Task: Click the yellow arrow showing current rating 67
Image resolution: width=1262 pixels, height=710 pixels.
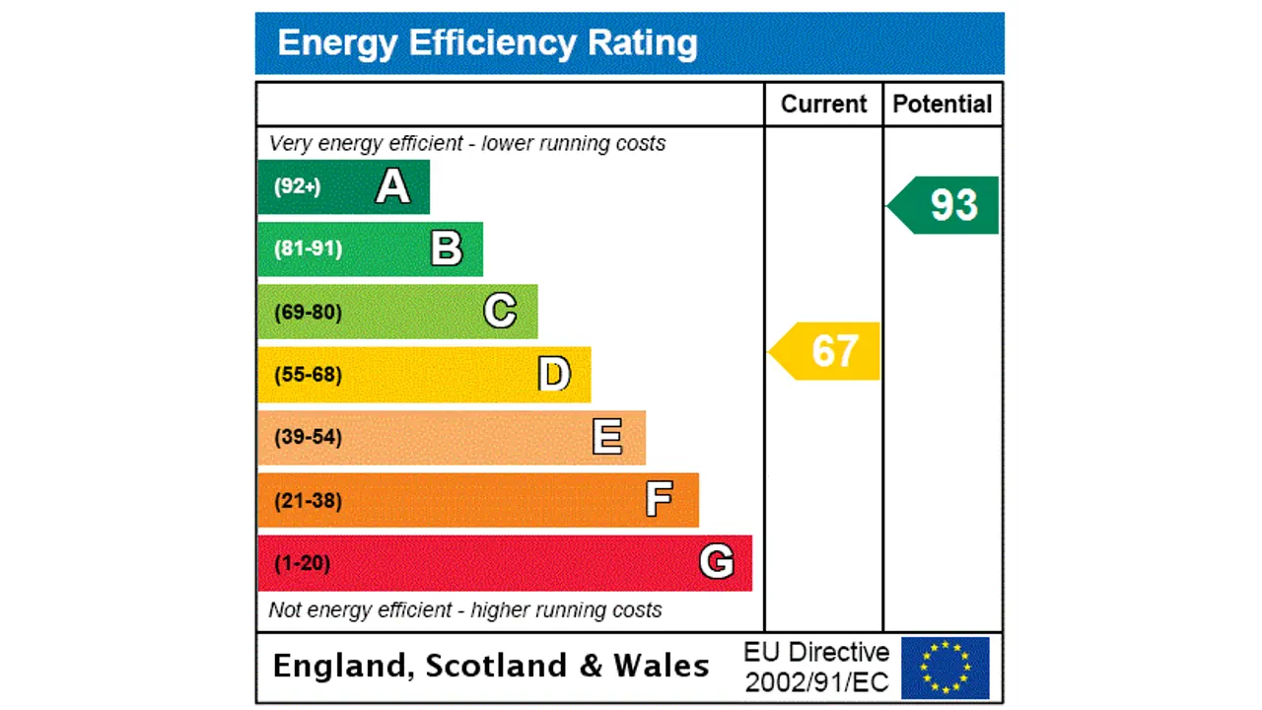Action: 825,351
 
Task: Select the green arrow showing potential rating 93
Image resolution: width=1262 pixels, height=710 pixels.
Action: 945,205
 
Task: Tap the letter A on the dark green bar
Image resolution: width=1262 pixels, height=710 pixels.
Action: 392,186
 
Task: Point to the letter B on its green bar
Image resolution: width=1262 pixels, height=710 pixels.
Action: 447,248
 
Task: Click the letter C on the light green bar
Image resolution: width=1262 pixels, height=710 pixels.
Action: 500,312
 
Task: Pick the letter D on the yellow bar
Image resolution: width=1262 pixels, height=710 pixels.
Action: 554,375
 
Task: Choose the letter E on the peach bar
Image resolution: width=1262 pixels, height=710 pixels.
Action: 607,437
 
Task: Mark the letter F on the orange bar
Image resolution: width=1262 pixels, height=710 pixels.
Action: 660,500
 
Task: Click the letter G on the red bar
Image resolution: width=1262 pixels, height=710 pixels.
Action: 717,562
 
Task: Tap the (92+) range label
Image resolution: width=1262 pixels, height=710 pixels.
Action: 297,186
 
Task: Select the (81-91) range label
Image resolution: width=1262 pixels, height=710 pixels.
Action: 308,248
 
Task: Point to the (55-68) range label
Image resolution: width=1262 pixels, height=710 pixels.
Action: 308,375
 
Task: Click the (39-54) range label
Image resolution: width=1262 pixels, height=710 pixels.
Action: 308,437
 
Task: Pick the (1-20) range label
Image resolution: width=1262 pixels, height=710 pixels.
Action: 302,563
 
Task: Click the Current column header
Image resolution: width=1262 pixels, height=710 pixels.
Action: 823,105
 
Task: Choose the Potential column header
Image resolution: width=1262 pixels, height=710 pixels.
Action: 943,105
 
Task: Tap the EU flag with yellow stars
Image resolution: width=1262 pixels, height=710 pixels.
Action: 945,668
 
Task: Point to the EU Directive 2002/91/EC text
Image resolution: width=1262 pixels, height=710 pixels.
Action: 816,667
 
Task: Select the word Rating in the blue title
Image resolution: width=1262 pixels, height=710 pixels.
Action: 643,43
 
